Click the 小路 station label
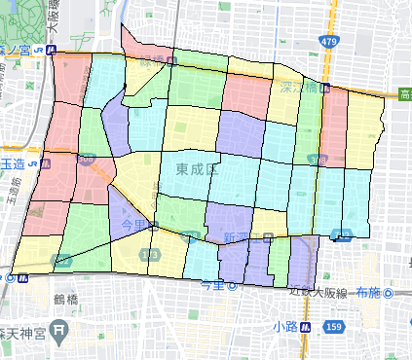pos(285,326)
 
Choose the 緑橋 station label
pos(154,62)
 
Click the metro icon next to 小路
pos(306,327)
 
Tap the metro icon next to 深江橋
pos(324,88)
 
